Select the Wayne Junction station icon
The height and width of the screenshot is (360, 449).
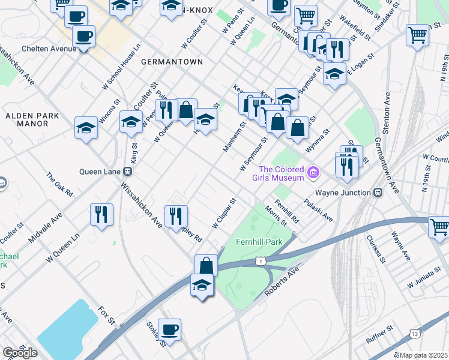click(x=377, y=193)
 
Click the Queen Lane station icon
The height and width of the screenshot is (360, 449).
click(x=128, y=171)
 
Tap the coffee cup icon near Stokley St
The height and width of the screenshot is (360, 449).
click(x=169, y=329)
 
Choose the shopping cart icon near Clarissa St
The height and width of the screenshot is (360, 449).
click(x=439, y=227)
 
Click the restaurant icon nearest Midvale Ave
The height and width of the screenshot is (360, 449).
click(x=101, y=213)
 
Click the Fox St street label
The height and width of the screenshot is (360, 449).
click(x=107, y=316)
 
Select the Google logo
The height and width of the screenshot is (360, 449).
click(x=20, y=353)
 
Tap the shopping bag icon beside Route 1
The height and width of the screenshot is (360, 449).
click(x=206, y=265)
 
